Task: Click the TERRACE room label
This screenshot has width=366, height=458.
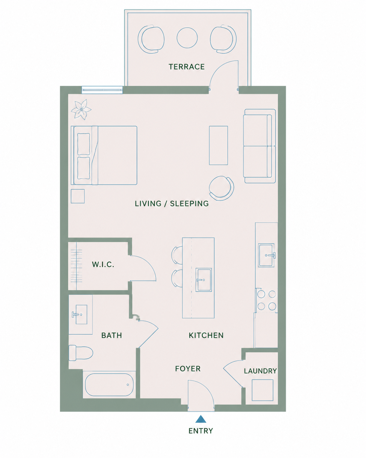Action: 187,67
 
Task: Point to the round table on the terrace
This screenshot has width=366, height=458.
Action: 187,38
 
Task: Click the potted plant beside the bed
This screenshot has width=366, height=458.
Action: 81,109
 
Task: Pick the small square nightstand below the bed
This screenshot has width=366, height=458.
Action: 78,196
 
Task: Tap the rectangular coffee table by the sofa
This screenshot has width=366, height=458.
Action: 218,145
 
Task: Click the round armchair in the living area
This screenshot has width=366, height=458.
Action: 221,188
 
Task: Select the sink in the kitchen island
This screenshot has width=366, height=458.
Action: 204,280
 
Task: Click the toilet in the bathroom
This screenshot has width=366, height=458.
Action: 81,353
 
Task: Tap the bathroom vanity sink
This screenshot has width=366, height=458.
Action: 80,314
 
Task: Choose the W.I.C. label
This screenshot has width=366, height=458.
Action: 103,265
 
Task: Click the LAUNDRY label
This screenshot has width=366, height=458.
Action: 260,371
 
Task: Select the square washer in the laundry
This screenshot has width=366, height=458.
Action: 262,390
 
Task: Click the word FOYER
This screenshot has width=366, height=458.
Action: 188,369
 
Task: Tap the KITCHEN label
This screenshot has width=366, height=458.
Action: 206,335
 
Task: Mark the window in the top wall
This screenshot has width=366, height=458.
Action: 102,90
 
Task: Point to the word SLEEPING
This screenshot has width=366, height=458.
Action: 189,204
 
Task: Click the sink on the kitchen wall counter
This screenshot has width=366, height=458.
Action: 266,255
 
